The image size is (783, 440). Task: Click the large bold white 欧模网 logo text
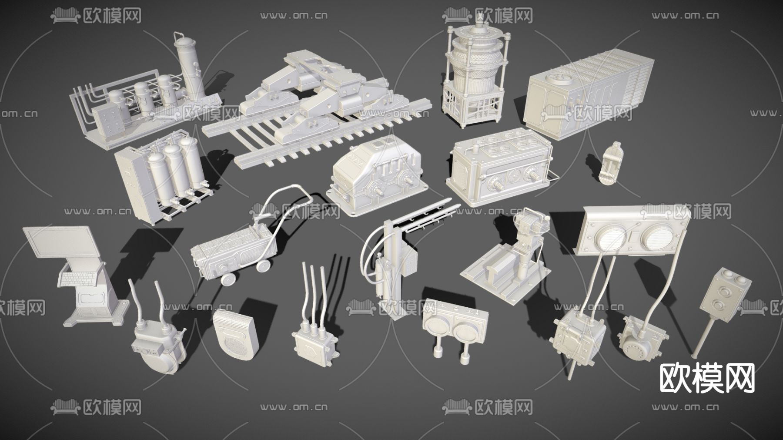(707, 378)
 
